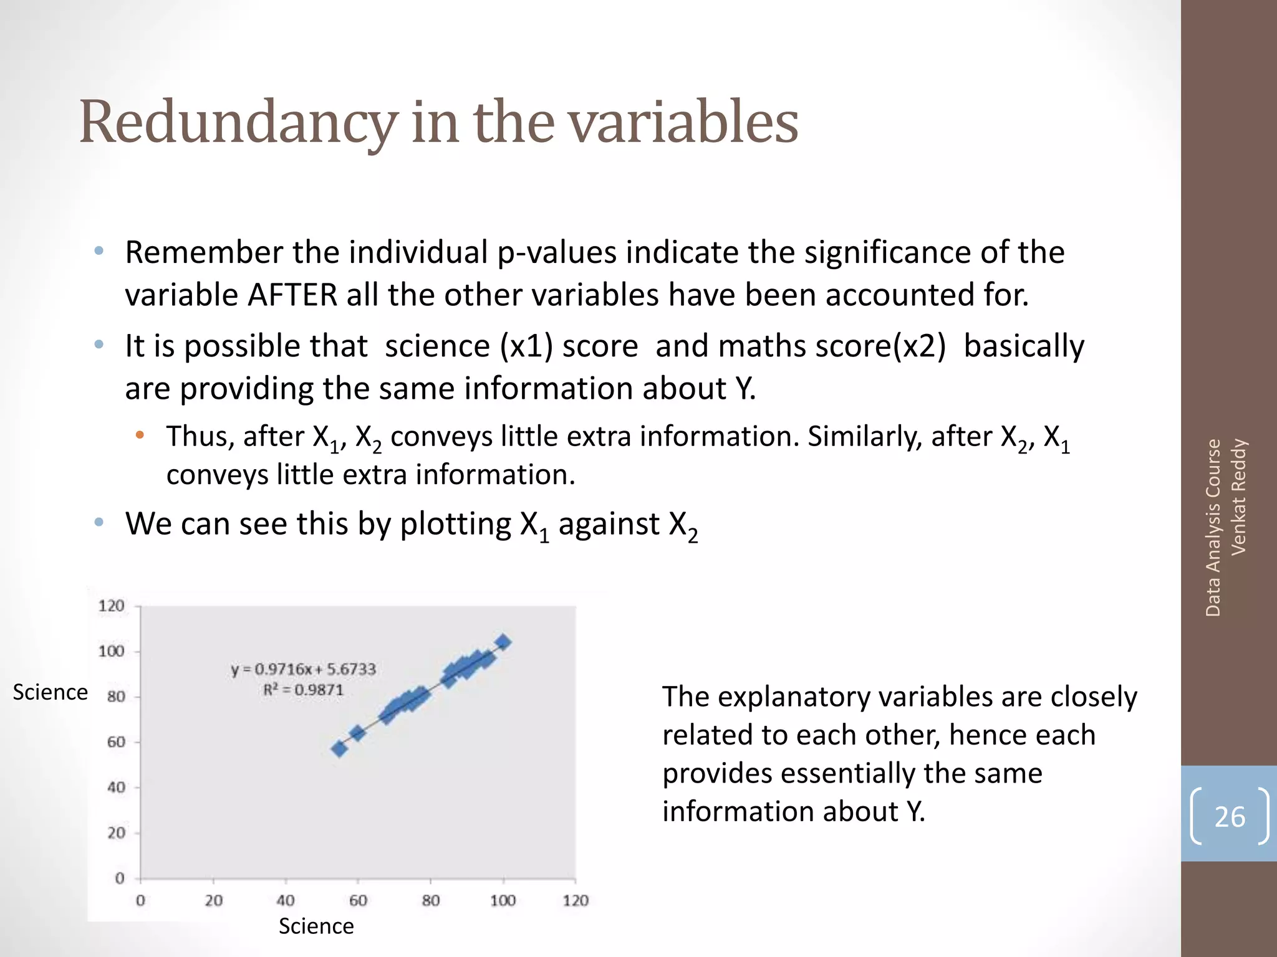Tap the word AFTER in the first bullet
[292, 295]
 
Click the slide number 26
[1230, 817]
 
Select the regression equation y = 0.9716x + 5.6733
[303, 669]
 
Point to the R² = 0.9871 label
[303, 690]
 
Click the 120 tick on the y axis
[112, 606]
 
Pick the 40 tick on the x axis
[286, 900]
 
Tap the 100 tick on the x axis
[503, 900]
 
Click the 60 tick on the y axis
[116, 742]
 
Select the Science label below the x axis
[316, 926]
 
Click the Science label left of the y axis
[50, 692]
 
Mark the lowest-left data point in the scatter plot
[339, 748]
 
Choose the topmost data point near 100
[503, 642]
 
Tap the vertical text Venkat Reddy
[1238, 497]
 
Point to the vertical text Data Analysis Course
[1213, 528]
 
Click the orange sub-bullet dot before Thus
[140, 434]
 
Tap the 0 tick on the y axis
[120, 878]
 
